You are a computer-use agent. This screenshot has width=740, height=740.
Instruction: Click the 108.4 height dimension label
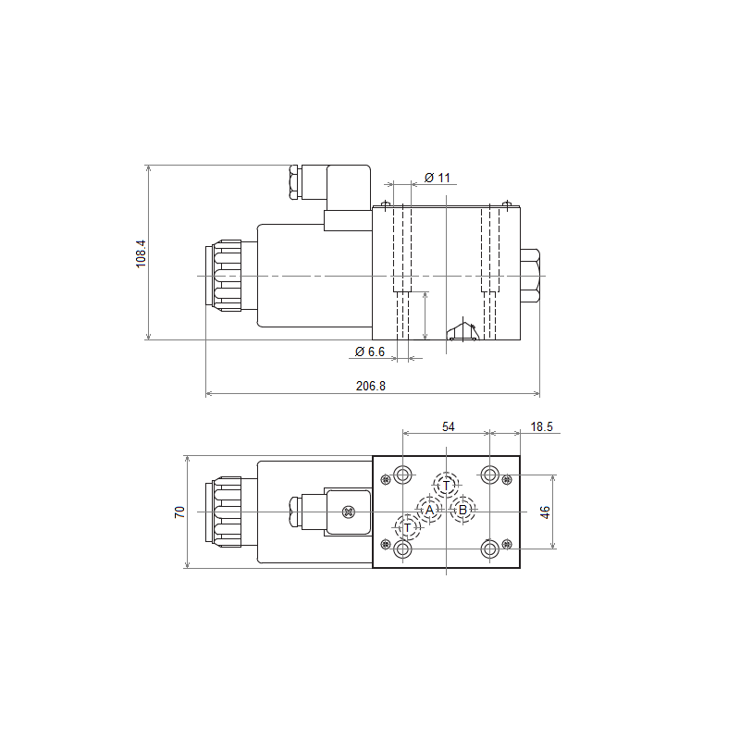pyautogui.click(x=142, y=253)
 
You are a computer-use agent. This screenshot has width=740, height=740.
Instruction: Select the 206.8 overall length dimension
pyautogui.click(x=371, y=386)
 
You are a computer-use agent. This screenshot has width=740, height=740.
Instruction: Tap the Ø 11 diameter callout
pyautogui.click(x=438, y=178)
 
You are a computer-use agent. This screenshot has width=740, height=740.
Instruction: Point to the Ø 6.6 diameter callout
pyautogui.click(x=369, y=351)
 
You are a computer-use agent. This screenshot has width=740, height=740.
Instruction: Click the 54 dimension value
pyautogui.click(x=449, y=426)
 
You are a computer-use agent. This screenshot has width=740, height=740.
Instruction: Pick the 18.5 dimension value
pyautogui.click(x=541, y=426)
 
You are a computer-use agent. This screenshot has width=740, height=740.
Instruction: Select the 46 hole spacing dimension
pyautogui.click(x=545, y=512)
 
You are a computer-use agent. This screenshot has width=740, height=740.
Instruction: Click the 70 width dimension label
pyautogui.click(x=179, y=512)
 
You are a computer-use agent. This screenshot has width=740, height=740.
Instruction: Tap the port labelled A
pyautogui.click(x=429, y=510)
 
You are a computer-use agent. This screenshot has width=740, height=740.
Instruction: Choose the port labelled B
pyautogui.click(x=463, y=510)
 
